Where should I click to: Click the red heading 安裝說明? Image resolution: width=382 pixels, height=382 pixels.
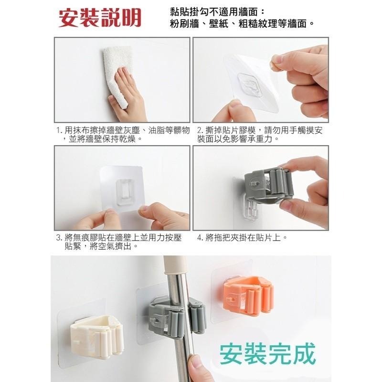(x=100, y=17)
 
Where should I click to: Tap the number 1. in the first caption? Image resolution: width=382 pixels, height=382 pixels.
(x=59, y=130)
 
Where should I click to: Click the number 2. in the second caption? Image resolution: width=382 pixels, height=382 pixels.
(x=200, y=130)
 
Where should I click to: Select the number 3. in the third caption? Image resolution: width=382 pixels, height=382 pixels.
(x=59, y=237)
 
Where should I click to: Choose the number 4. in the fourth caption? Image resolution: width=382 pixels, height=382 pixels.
(x=201, y=237)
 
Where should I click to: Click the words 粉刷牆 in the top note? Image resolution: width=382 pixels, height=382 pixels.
(x=183, y=23)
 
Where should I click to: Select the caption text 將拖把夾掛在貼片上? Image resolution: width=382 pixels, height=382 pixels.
(x=246, y=237)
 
